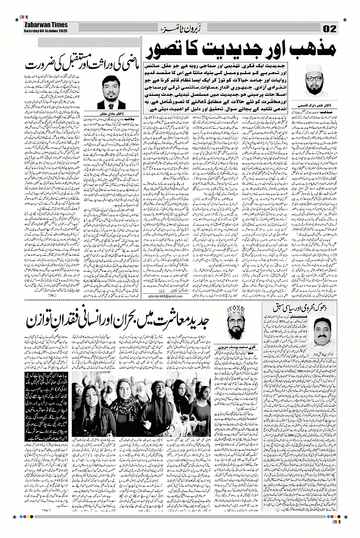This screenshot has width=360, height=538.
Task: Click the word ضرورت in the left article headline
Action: (x=43, y=68)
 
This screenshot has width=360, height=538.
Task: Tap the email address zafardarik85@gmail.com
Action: (x=158, y=296)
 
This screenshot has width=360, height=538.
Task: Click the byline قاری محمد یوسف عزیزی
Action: (x=235, y=345)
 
